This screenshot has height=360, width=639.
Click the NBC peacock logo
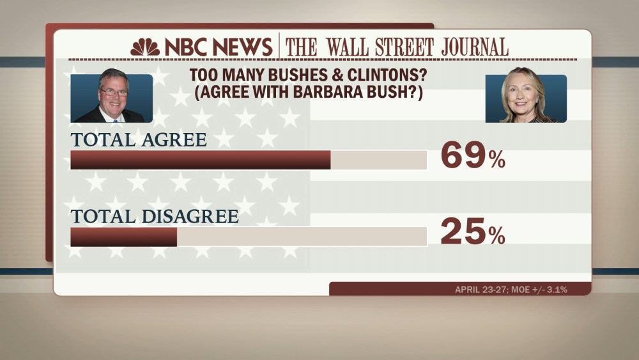click(x=145, y=47)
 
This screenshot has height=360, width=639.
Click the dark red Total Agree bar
click(x=200, y=160)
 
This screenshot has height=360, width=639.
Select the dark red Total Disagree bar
click(x=123, y=237)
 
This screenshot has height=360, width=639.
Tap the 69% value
click(x=472, y=157)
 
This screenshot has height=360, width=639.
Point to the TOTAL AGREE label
click(x=139, y=139)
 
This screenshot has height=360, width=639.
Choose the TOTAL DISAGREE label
click(x=155, y=216)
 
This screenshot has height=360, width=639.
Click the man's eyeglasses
click(x=114, y=91)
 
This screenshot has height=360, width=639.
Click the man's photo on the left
click(x=112, y=98)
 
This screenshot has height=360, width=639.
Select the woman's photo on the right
click(x=525, y=98)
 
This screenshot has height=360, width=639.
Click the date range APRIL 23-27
click(x=481, y=290)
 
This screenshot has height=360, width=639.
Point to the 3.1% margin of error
click(x=555, y=290)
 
